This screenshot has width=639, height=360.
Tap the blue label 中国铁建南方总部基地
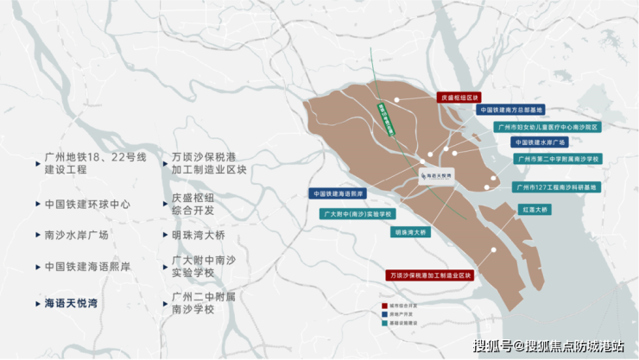point(510,111)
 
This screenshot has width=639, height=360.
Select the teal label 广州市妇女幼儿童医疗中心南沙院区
point(547,126)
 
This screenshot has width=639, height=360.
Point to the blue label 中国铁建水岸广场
point(539,142)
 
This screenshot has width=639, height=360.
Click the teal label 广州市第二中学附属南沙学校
point(558,159)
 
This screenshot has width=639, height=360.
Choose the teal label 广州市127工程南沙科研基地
point(556,186)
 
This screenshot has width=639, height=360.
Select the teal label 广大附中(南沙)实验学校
point(357,213)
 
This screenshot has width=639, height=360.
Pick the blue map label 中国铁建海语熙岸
point(338,194)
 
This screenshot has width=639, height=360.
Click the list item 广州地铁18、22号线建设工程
point(95,163)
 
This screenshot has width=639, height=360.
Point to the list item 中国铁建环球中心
point(87,205)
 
